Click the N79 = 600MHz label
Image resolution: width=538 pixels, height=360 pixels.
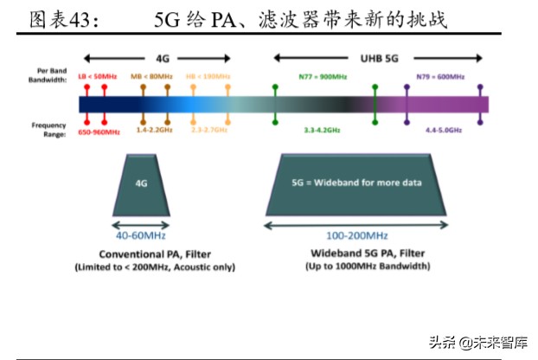click(x=439, y=76)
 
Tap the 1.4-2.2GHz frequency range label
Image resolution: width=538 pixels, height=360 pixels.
click(x=155, y=129)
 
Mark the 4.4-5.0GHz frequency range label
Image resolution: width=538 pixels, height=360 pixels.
click(x=443, y=129)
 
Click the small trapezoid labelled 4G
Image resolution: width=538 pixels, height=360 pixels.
click(x=141, y=184)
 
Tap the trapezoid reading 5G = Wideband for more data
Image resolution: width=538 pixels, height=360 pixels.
click(x=355, y=184)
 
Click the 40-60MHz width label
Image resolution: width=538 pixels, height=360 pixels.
click(x=141, y=235)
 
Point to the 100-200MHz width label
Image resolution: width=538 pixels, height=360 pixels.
click(x=355, y=235)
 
